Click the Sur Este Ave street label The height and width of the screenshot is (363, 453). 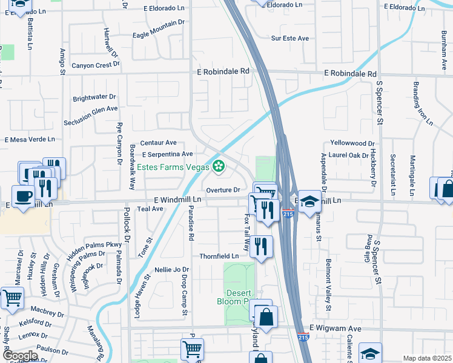290,38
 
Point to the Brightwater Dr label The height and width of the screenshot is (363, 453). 94,97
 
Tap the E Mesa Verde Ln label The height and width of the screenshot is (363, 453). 30,139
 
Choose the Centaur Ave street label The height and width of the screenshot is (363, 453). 158,143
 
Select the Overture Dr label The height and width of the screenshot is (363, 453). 223,189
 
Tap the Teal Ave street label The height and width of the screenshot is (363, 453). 150,209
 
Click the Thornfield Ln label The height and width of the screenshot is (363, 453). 219,256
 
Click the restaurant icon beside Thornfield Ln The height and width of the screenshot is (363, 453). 261,246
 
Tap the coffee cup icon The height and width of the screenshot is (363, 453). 23,197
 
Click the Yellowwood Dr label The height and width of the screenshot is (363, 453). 353,143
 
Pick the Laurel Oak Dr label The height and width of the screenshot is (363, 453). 349,155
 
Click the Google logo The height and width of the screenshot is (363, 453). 20,355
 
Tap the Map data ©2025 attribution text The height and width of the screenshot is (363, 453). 426,358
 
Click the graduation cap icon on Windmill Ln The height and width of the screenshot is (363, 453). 309,201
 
